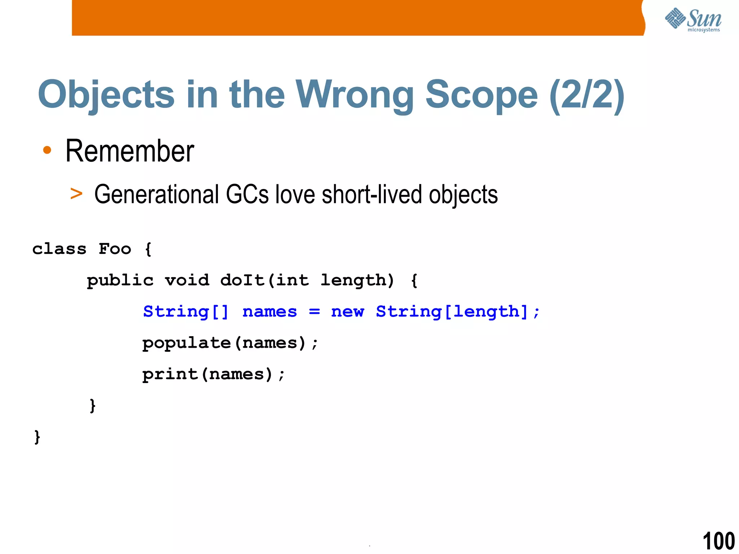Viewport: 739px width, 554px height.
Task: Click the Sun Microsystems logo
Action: tap(693, 19)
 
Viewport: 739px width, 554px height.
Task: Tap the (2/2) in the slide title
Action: tap(587, 94)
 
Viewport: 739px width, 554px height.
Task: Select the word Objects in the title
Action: tap(106, 94)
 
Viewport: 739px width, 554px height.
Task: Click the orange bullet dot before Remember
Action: tap(47, 150)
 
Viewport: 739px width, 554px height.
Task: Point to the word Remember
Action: tap(130, 151)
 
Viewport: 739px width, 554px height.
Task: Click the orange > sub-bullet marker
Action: tap(76, 194)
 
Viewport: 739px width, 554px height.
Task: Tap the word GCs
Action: tap(248, 195)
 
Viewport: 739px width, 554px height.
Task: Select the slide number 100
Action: tap(718, 541)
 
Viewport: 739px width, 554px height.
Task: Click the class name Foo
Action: tap(115, 249)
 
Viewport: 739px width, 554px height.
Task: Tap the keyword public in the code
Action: tap(120, 281)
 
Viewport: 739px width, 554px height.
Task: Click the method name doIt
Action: tap(242, 280)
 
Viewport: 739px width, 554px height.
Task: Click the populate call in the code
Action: tap(187, 343)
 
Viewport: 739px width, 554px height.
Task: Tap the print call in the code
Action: tap(170, 374)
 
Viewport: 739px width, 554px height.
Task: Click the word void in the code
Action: tap(187, 280)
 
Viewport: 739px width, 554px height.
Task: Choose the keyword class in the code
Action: tap(60, 249)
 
